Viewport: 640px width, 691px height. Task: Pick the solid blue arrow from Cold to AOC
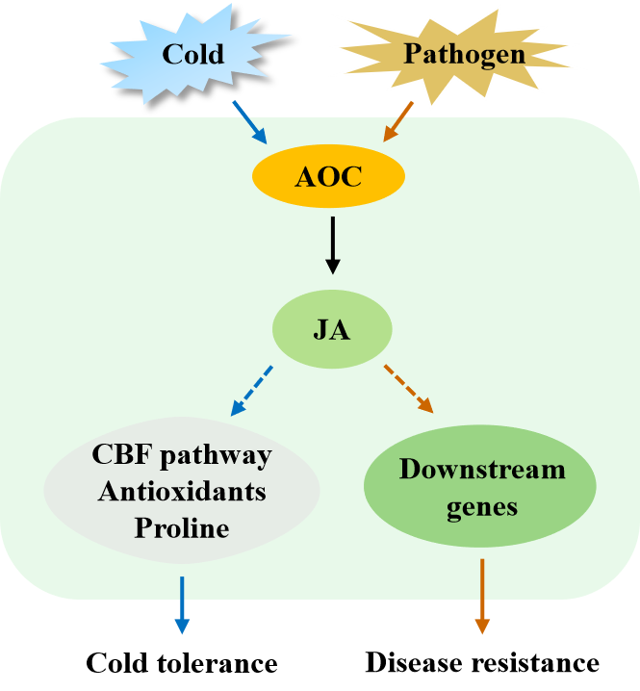pyautogui.click(x=252, y=122)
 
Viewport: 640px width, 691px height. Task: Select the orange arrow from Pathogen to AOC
pyautogui.click(x=398, y=121)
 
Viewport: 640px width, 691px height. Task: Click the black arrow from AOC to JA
pyautogui.click(x=332, y=245)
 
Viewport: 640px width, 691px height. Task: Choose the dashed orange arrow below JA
pyautogui.click(x=409, y=389)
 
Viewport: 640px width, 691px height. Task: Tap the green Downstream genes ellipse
pyautogui.click(x=481, y=495)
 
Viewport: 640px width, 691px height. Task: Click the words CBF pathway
pyautogui.click(x=182, y=454)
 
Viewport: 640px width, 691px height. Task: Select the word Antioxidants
pyautogui.click(x=182, y=491)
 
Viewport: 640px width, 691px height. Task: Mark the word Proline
pyautogui.click(x=182, y=527)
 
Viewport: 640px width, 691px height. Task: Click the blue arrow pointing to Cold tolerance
pyautogui.click(x=181, y=605)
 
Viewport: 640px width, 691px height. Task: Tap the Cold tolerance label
pyautogui.click(x=182, y=663)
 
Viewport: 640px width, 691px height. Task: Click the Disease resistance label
pyautogui.click(x=482, y=663)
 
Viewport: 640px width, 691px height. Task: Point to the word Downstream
pyautogui.click(x=482, y=472)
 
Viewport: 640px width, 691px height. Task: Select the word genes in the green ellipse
pyautogui.click(x=482, y=507)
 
